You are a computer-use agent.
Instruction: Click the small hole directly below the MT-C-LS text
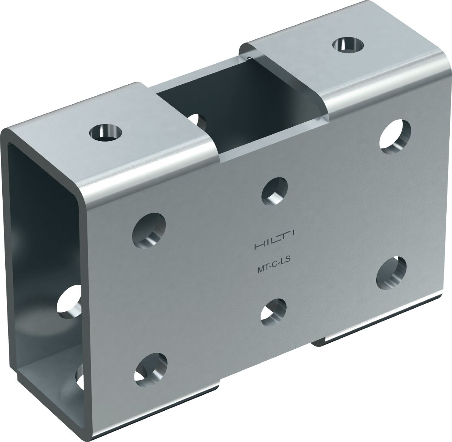click(273, 312)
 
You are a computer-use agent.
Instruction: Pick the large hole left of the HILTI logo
click(149, 231)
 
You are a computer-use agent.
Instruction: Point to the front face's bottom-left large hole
click(151, 370)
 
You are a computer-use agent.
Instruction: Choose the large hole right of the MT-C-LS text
click(391, 273)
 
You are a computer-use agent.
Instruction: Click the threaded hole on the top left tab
click(106, 133)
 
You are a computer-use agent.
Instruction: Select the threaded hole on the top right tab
click(348, 44)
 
